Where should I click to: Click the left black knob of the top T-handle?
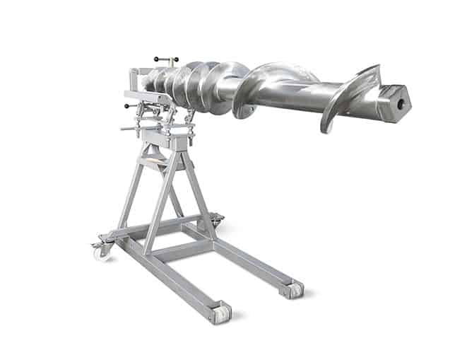(x=156, y=59)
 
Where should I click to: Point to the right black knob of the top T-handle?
(x=176, y=60)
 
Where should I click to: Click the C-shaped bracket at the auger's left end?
(x=134, y=78)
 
